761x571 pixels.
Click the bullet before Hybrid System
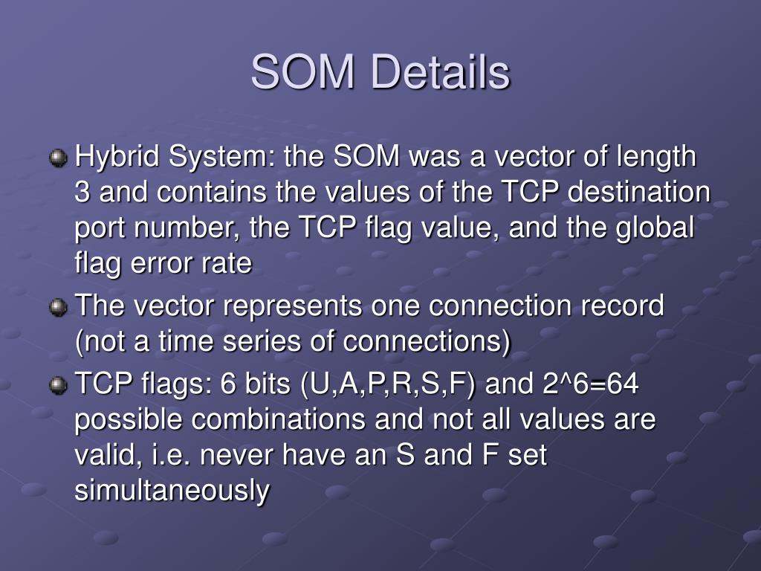click(58, 158)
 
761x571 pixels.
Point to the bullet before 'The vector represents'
click(58, 307)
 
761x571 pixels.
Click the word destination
click(639, 191)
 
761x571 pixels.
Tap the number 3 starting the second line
click(82, 192)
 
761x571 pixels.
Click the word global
click(655, 228)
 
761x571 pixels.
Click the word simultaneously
click(172, 491)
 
